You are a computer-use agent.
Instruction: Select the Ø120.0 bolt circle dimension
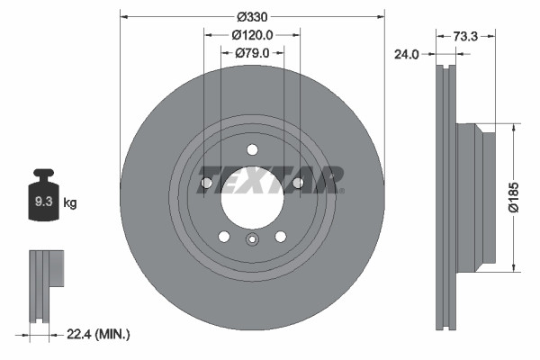point(252,35)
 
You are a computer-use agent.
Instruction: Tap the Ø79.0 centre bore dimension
point(253,53)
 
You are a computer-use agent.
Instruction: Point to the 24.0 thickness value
point(408,54)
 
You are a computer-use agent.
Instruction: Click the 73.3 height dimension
point(464,35)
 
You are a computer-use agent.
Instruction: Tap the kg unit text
point(70,203)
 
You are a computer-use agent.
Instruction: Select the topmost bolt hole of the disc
point(252,149)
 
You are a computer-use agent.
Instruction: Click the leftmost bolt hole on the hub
point(206,184)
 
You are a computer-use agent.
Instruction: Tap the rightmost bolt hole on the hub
point(298,184)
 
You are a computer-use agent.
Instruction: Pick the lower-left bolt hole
point(224,237)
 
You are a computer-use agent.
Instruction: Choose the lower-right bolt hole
point(280,237)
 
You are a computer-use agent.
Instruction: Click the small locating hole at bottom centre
point(252,239)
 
